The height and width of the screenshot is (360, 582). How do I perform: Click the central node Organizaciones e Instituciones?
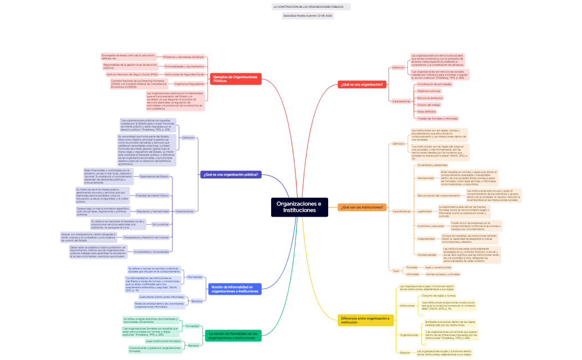298,207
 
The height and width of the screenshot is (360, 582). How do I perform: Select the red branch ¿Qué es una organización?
362,84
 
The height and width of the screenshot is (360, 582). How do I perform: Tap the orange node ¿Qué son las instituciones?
362,207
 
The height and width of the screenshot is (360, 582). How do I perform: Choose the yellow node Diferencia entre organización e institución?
365,320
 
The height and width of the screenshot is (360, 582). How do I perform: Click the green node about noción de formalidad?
233,336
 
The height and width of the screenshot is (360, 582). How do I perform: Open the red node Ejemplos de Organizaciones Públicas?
235,79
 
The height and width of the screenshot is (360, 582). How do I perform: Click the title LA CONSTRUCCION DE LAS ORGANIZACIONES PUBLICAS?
311,7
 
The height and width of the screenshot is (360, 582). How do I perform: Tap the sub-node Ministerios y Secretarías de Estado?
183,57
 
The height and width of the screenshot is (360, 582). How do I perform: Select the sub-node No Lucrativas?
161,224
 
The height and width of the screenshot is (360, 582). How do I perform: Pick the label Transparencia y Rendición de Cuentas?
146,237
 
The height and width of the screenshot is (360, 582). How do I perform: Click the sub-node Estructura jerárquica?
430,97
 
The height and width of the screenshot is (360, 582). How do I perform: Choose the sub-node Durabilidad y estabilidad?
432,165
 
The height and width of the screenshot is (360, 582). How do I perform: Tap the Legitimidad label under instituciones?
424,211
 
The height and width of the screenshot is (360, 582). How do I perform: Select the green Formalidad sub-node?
192,326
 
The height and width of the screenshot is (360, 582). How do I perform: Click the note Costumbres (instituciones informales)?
161,297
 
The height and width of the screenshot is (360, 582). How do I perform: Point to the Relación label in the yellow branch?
405,352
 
